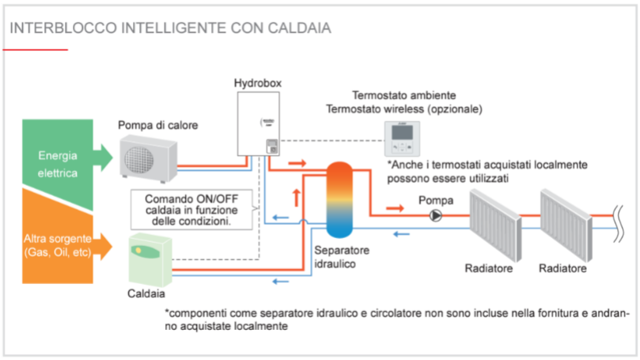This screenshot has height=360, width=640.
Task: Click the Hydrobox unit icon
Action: click(x=259, y=123)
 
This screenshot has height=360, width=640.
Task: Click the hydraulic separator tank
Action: click(x=343, y=202)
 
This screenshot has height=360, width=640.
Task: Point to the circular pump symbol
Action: click(x=434, y=215)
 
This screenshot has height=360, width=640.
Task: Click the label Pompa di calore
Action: click(x=158, y=125)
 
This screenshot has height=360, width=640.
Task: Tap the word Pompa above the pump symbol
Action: click(x=435, y=199)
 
